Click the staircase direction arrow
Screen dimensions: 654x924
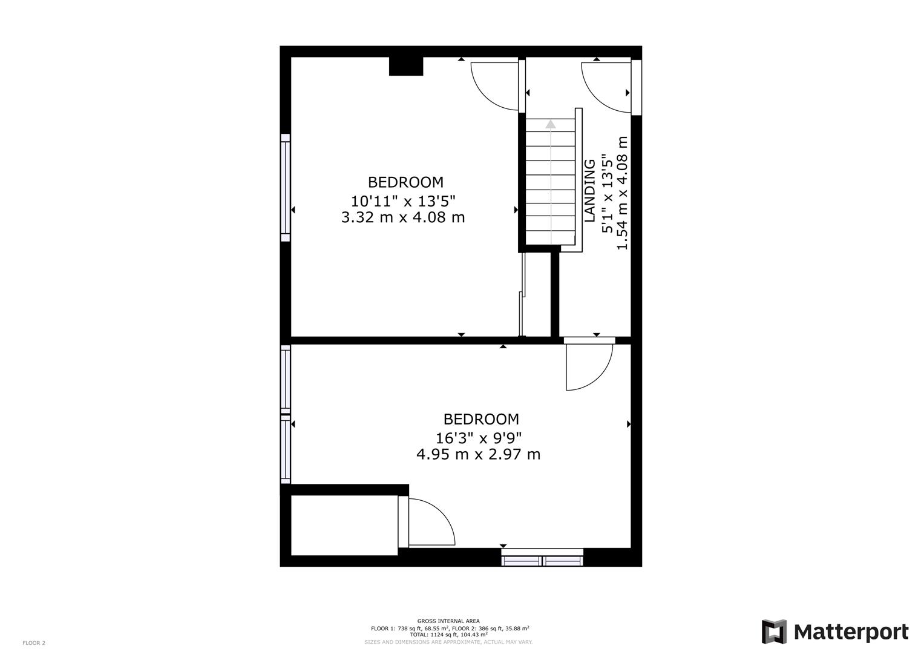551,125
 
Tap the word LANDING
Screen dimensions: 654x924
590,191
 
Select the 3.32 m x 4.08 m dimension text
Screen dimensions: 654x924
403,217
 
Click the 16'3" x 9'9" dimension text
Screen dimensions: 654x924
478,437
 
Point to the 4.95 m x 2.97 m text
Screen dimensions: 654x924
478,454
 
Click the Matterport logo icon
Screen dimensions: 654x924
774,632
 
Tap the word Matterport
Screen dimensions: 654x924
851,632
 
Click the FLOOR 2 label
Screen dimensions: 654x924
34,643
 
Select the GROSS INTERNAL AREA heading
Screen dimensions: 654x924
448,621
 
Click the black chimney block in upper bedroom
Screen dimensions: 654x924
405,66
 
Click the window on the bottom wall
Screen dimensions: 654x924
542,557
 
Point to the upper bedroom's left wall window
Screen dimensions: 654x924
285,188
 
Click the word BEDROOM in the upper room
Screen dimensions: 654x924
405,182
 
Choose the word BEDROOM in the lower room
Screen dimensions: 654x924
481,419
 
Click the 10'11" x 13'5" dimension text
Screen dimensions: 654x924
403,199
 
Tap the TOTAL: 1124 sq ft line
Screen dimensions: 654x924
448,635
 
